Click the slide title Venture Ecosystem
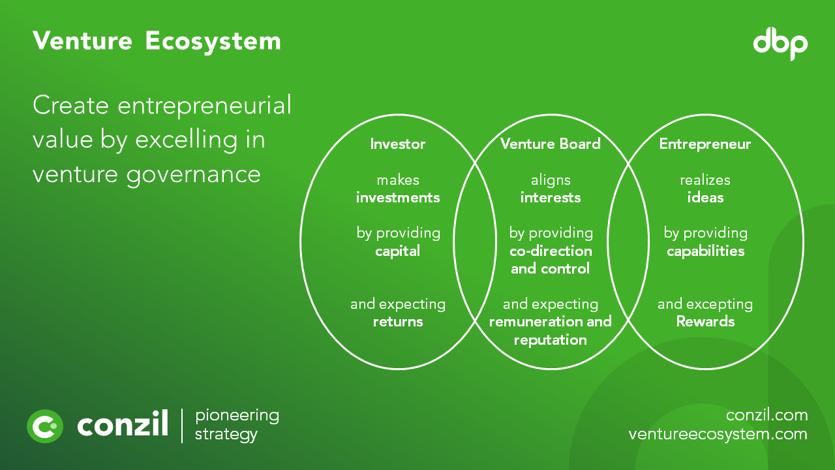pyautogui.click(x=157, y=41)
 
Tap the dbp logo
pyautogui.click(x=780, y=44)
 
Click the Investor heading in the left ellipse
pyautogui.click(x=397, y=144)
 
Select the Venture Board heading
pyautogui.click(x=550, y=144)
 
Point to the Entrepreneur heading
pyautogui.click(x=705, y=144)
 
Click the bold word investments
pyautogui.click(x=397, y=198)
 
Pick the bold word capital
pyautogui.click(x=397, y=251)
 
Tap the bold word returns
pyautogui.click(x=397, y=322)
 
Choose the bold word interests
pyautogui.click(x=550, y=198)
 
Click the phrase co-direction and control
pyautogui.click(x=550, y=260)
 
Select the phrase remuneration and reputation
pyautogui.click(x=550, y=330)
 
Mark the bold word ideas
pyautogui.click(x=705, y=198)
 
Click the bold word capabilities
pyautogui.click(x=705, y=251)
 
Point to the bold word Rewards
pyautogui.click(x=705, y=322)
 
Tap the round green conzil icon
pyautogui.click(x=45, y=426)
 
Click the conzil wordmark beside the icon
pyautogui.click(x=123, y=426)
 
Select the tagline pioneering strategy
pyautogui.click(x=237, y=425)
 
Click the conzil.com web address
pyautogui.click(x=767, y=415)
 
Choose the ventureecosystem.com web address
pyautogui.click(x=718, y=434)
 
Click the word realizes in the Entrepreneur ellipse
pyautogui.click(x=705, y=180)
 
